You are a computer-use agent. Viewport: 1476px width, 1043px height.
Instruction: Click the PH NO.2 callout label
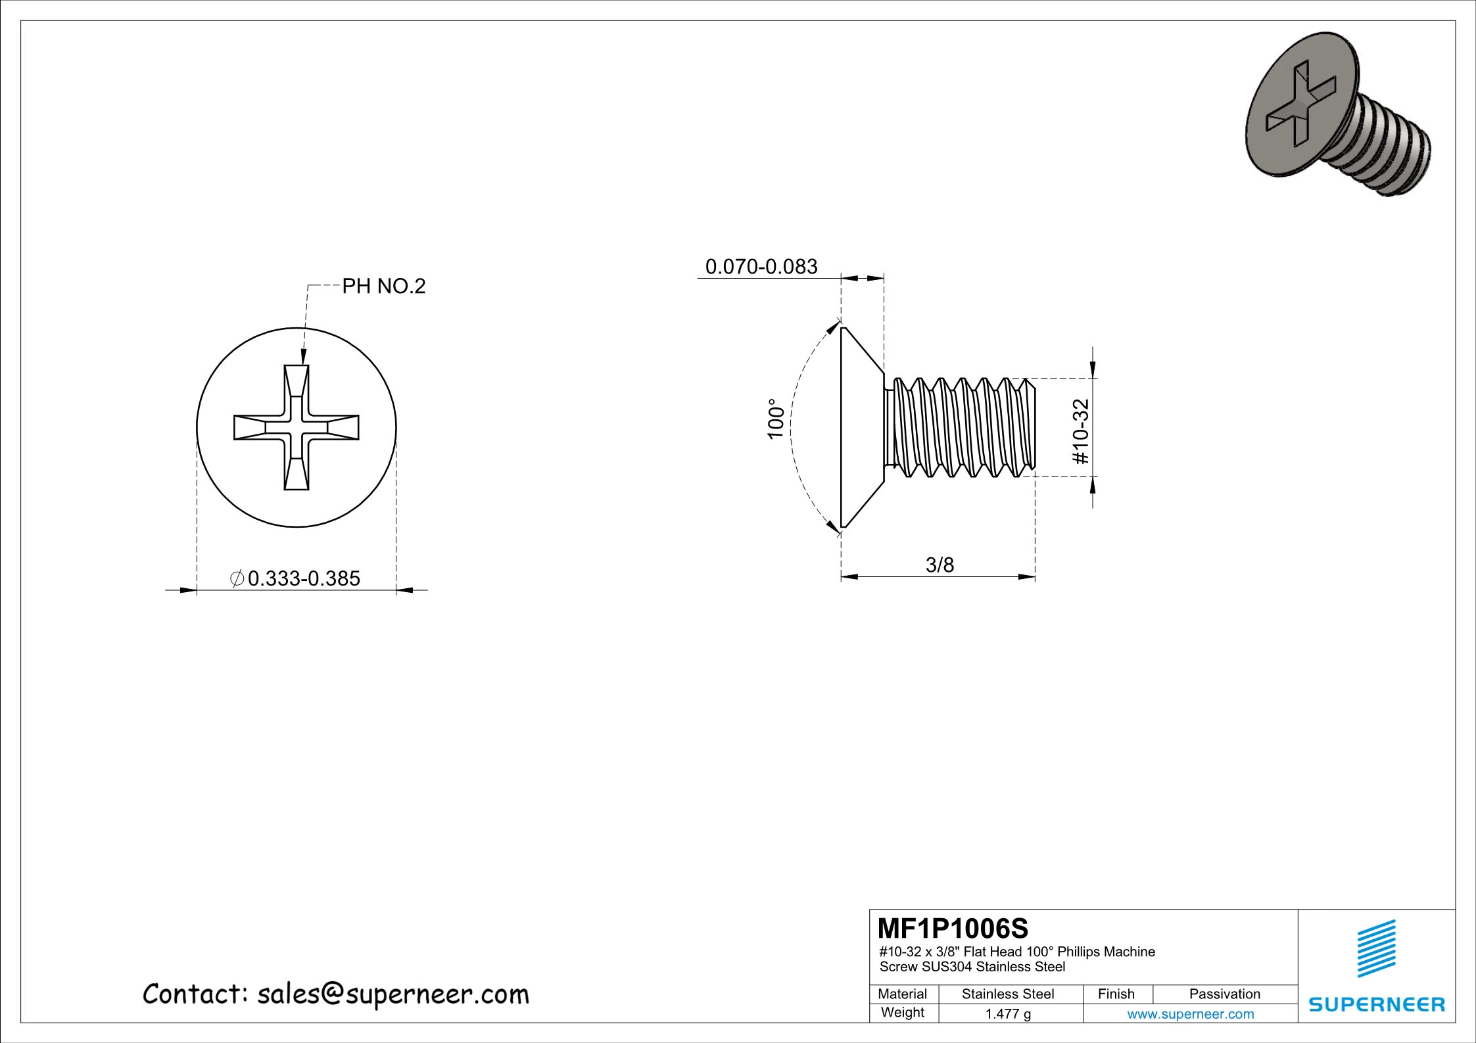[384, 287]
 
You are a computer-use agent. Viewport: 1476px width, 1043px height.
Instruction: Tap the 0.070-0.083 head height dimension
[761, 267]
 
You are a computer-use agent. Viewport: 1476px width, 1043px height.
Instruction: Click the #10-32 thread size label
[1081, 430]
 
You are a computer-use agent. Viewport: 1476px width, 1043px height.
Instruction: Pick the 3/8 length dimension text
[940, 565]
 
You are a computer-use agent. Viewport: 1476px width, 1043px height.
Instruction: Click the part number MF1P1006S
[953, 929]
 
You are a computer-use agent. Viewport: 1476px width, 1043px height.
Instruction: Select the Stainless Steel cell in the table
[1007, 994]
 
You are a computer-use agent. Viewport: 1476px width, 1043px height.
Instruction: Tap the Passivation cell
[1224, 994]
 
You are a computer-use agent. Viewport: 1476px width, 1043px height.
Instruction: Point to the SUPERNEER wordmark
[1377, 1005]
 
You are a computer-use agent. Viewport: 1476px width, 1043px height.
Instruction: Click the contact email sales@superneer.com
[393, 994]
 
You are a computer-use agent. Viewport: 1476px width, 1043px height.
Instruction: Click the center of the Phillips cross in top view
[297, 428]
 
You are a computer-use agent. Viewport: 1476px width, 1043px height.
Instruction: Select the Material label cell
[902, 994]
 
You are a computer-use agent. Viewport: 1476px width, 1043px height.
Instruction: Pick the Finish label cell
[1116, 994]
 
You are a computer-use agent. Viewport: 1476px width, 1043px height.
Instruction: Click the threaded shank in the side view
[960, 427]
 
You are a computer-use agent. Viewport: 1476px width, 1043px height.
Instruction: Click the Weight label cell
[902, 1013]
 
